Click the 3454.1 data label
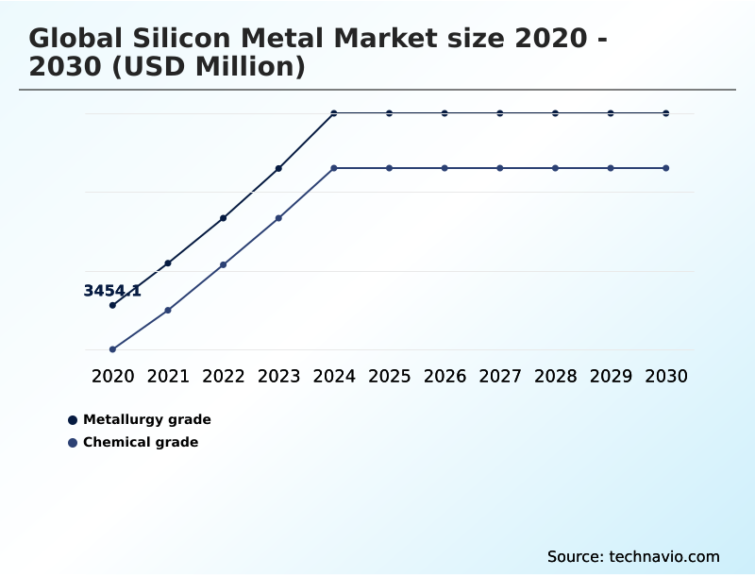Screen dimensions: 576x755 point(112,291)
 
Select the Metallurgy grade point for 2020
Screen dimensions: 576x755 point(112,305)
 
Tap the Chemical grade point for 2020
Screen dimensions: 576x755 point(112,349)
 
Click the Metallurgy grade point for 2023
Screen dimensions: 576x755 point(278,168)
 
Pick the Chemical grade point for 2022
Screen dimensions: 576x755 point(223,264)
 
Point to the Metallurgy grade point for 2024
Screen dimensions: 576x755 point(334,113)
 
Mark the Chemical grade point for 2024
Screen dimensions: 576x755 point(334,168)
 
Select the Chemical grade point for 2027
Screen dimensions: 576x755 point(500,168)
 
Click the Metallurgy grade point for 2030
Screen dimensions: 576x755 point(666,113)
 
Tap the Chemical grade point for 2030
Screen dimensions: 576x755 point(666,168)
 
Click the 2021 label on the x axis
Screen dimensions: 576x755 point(168,376)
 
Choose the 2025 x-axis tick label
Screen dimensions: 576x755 point(389,376)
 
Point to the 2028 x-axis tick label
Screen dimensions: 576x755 point(555,376)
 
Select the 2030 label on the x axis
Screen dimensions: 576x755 point(666,376)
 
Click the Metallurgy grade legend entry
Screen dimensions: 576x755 point(146,419)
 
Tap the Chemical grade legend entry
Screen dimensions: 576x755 point(141,442)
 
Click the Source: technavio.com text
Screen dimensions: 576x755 point(633,556)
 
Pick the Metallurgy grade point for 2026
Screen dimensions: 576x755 point(445,113)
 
